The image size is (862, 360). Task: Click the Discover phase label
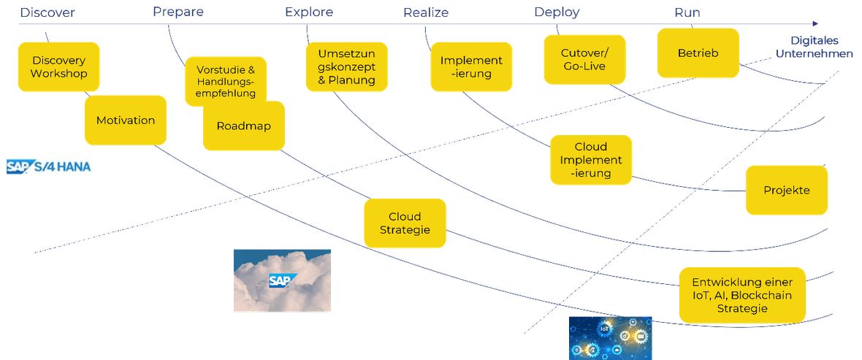point(47,12)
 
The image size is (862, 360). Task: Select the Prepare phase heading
point(178,12)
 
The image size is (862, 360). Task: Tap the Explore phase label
point(309,12)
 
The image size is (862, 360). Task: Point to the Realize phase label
point(426,12)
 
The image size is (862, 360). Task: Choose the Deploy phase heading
point(557,12)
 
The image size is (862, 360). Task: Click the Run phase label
point(687,12)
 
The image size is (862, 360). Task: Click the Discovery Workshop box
point(59,67)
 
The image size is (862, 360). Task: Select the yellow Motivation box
point(126,120)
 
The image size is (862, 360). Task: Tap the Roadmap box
point(243,126)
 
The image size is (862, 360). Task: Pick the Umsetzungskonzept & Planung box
point(347,67)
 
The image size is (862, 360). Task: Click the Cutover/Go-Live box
point(585,59)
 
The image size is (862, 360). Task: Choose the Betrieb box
point(698,53)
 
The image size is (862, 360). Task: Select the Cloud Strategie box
point(405,223)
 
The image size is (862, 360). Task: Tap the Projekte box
point(787,190)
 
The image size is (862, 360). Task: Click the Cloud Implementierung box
point(591,160)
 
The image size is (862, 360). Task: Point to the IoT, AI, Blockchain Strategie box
point(742,295)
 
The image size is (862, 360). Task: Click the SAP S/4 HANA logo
point(48,166)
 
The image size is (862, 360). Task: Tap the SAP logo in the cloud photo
point(283,280)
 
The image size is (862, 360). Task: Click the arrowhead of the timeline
point(815,23)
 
